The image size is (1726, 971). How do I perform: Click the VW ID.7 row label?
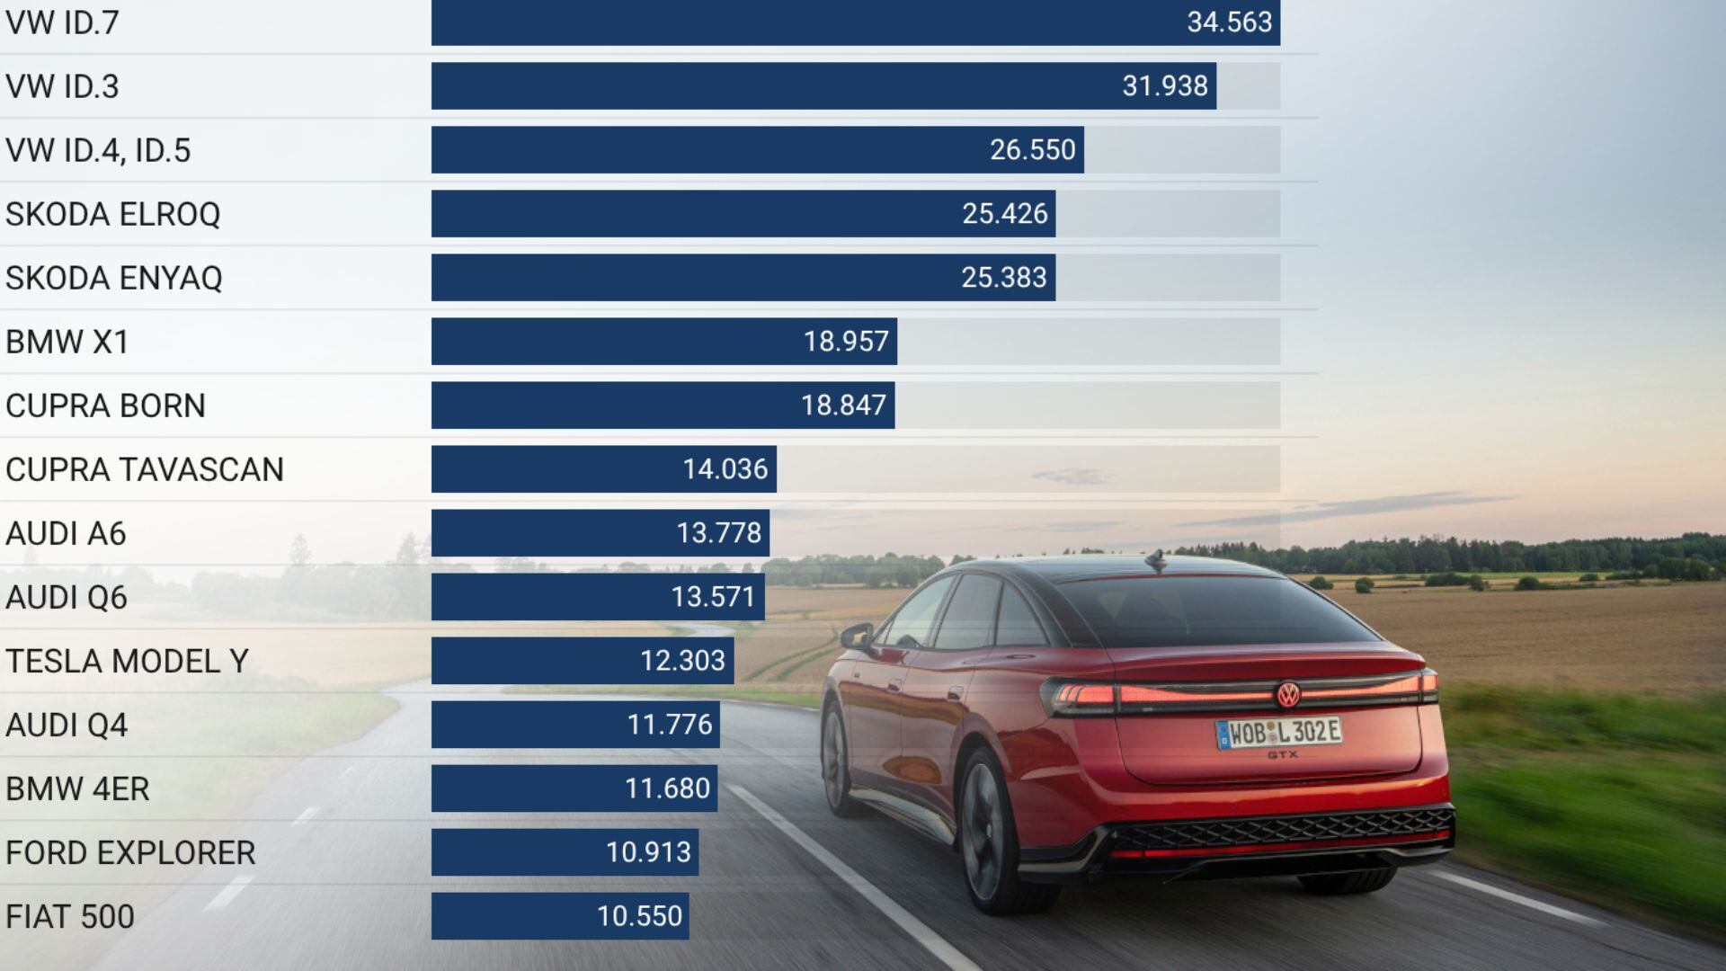(62, 22)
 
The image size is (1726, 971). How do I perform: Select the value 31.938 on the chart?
(1164, 86)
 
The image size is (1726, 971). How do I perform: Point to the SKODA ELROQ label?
(112, 214)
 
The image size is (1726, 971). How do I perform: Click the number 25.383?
(1003, 278)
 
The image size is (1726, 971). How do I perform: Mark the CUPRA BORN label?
(105, 405)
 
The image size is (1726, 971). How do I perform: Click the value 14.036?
(725, 469)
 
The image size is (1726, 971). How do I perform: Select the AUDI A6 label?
(66, 533)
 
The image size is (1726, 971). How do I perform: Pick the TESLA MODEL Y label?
(127, 661)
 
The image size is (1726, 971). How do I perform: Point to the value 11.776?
(669, 725)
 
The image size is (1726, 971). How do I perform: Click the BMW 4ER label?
(77, 788)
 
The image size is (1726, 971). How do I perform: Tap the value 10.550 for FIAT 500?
(639, 916)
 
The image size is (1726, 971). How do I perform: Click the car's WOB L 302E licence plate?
(1278, 733)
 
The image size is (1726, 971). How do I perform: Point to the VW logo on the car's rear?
(1289, 694)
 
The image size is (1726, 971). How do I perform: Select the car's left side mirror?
(857, 636)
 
